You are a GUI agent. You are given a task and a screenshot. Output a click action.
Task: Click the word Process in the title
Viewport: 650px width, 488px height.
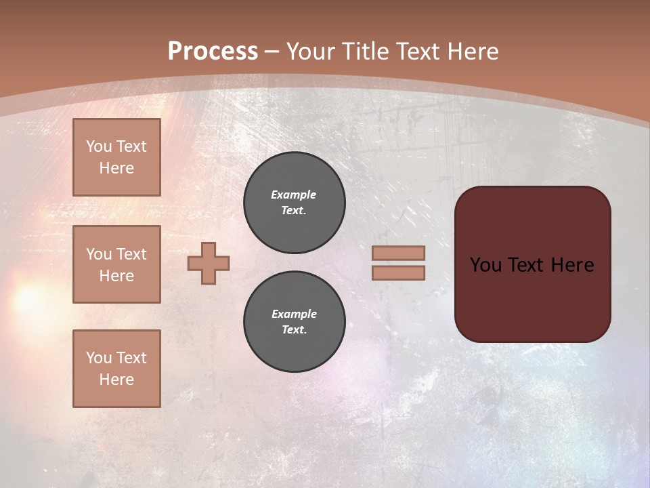[x=213, y=52]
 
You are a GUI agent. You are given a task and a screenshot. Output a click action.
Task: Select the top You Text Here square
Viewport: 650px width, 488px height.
[x=116, y=157]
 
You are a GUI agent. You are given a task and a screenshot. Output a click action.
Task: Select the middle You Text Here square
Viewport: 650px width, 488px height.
[x=116, y=264]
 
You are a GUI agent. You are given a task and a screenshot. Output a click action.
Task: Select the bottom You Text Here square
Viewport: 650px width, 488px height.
[x=116, y=369]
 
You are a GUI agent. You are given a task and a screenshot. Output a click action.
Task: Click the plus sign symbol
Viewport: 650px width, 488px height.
[x=209, y=263]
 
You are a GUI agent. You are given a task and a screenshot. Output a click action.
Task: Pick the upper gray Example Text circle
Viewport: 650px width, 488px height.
[x=295, y=203]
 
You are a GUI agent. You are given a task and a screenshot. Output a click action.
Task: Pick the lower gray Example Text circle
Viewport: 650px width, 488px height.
[x=295, y=322]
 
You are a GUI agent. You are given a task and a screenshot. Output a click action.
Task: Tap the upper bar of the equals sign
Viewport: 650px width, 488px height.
[x=398, y=253]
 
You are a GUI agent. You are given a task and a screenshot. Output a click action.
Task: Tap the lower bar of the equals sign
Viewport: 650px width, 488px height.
[x=398, y=273]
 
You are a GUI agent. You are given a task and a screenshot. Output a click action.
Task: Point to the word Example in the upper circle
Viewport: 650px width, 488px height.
[x=294, y=195]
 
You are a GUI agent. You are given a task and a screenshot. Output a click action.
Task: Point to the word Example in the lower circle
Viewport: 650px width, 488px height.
[x=294, y=314]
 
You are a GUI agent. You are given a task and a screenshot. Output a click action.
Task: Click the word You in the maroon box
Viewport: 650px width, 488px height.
[x=485, y=265]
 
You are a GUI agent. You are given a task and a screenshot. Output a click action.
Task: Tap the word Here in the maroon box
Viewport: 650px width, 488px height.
[x=572, y=265]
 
